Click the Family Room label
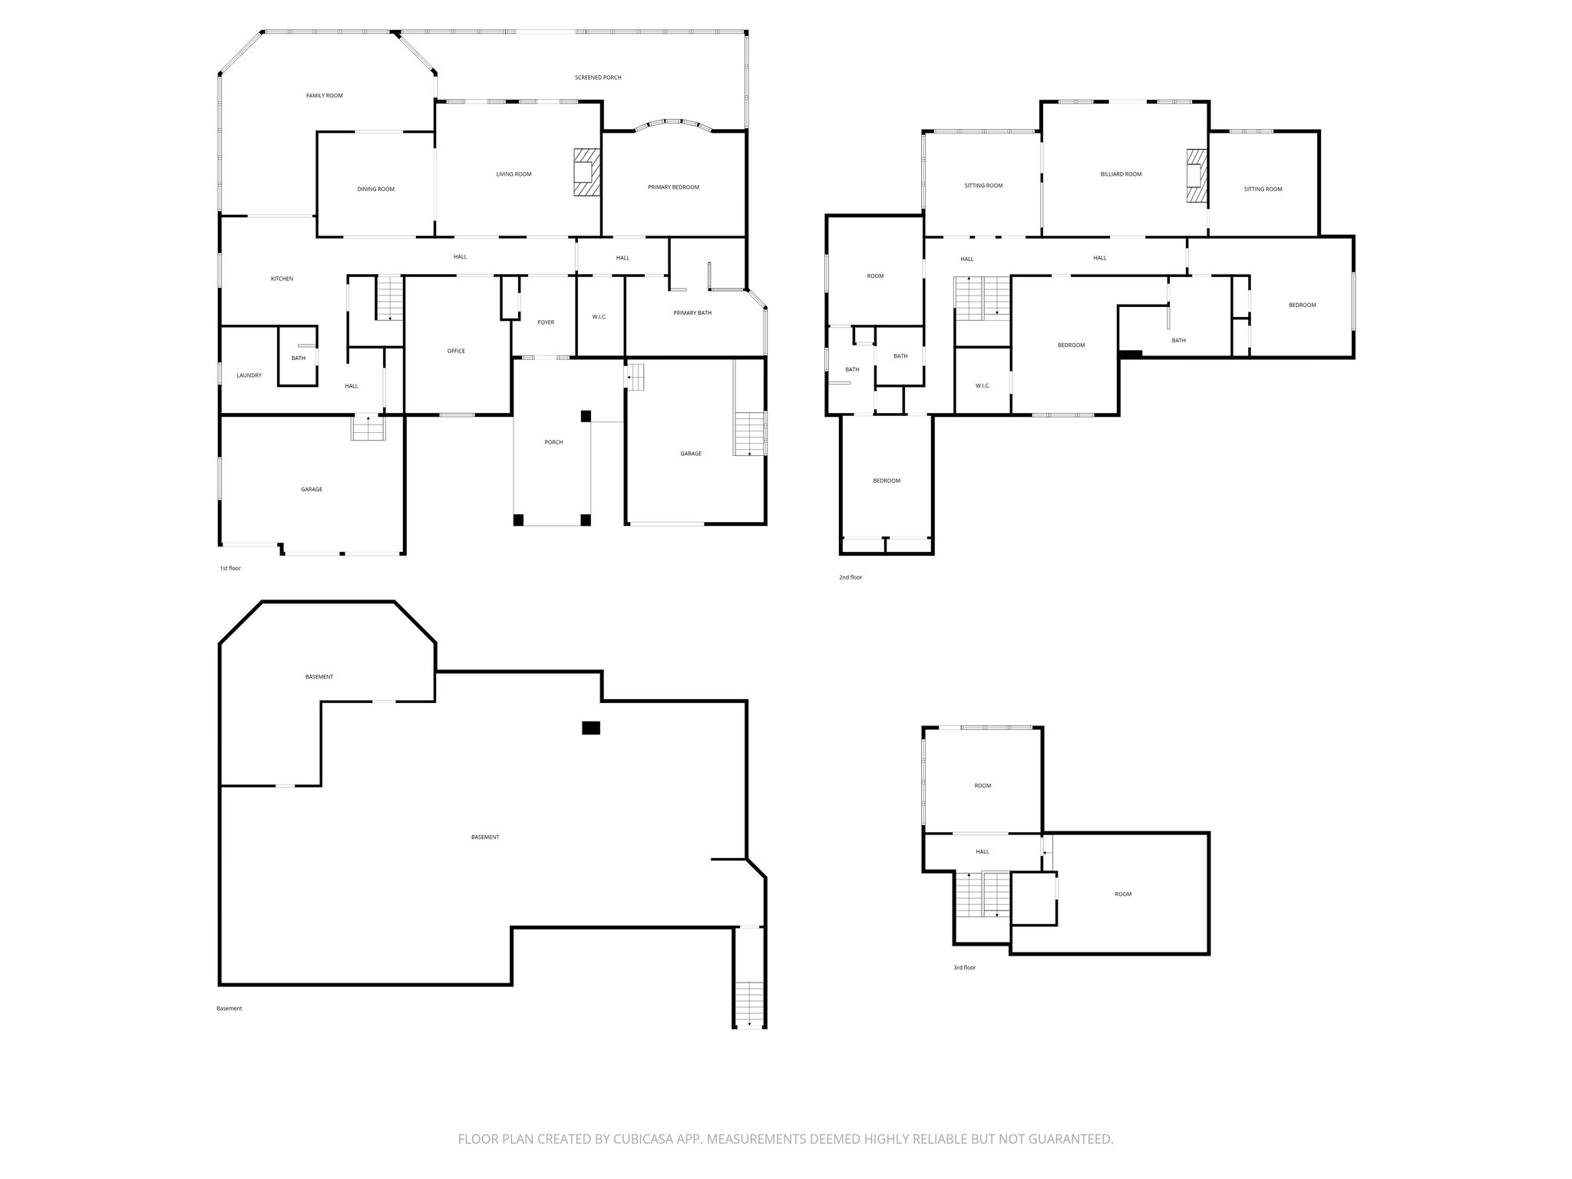[x=324, y=96]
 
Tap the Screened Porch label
[x=598, y=78]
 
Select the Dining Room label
[x=375, y=190]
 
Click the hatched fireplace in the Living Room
[x=586, y=173]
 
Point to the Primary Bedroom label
[x=673, y=187]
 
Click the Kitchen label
[x=282, y=279]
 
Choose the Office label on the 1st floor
[x=456, y=351]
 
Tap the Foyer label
[x=546, y=322]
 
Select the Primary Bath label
[x=692, y=312]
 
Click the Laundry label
[x=249, y=375]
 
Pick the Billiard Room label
[x=1121, y=174]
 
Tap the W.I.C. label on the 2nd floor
[x=982, y=385]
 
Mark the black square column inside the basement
[x=590, y=728]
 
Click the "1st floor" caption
[x=230, y=568]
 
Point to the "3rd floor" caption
[x=964, y=968]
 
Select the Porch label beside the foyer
[x=553, y=442]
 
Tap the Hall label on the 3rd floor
[x=982, y=851]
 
